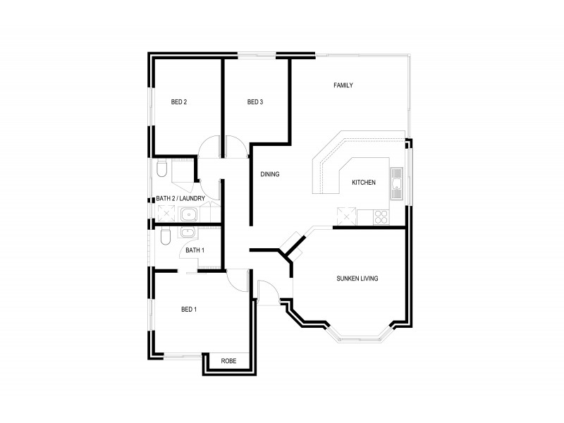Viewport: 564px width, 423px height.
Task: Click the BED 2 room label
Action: coord(179,102)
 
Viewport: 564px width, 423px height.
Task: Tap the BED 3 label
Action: coord(255,102)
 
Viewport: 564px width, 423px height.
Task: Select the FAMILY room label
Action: coord(343,86)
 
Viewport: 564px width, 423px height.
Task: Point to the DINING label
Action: coord(271,174)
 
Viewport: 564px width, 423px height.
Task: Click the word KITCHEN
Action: coord(364,183)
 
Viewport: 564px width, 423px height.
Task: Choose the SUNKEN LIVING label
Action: coord(357,278)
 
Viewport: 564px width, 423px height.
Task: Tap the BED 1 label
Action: coord(189,309)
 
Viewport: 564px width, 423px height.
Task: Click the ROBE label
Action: coord(228,361)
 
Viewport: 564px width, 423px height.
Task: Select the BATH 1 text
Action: coord(195,250)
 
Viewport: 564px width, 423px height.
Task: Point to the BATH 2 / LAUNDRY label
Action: coord(180,199)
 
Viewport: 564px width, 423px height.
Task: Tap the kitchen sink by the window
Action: coord(397,185)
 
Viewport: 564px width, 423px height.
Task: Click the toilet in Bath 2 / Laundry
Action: coord(161,169)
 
